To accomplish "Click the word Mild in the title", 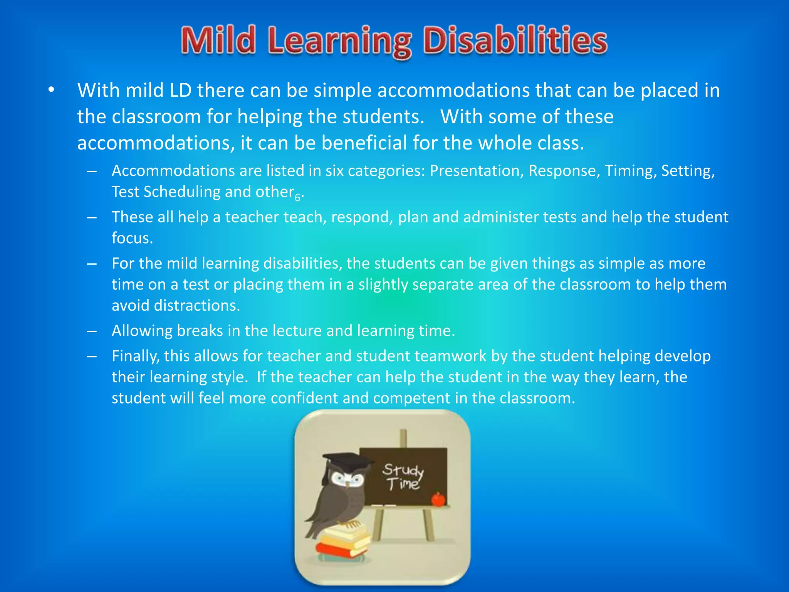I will click(x=218, y=40).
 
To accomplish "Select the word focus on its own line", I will click(x=132, y=238).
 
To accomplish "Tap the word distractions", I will click(x=196, y=306).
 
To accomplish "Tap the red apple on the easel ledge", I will click(x=438, y=499).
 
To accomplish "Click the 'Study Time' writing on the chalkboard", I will click(x=403, y=477).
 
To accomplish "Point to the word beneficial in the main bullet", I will click(x=364, y=143).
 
